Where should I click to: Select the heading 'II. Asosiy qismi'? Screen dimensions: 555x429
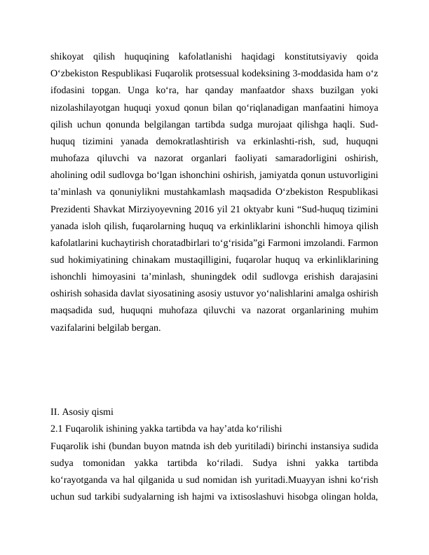tap(82, 411)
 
